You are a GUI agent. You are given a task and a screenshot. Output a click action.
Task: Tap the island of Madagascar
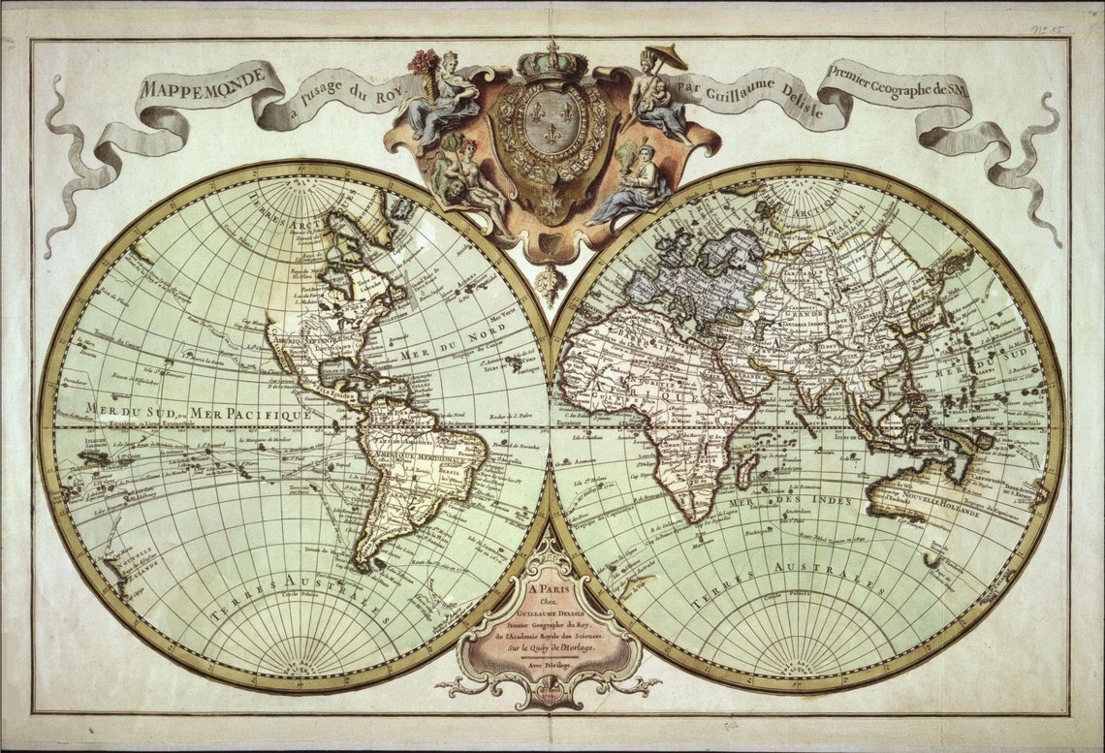tap(745, 473)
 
